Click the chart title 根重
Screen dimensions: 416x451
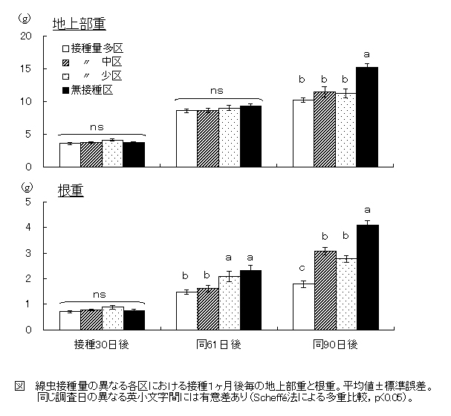[x=63, y=190]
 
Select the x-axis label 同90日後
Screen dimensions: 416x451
[x=335, y=345]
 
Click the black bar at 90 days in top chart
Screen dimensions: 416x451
[x=367, y=117]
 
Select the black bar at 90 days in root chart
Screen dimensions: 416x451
[x=367, y=277]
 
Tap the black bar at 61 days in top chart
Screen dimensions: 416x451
[x=250, y=136]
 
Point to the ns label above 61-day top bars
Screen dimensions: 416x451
[x=217, y=91]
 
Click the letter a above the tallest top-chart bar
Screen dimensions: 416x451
[x=366, y=54]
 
